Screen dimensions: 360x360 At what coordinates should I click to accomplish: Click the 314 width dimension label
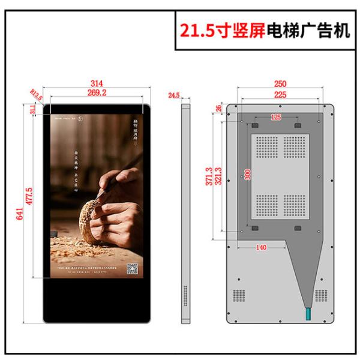(x=97, y=83)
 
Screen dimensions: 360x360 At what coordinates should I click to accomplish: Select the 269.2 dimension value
(x=97, y=93)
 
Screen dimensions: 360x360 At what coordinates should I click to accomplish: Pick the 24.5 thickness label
(x=174, y=95)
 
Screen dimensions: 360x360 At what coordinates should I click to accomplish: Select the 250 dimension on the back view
(x=280, y=83)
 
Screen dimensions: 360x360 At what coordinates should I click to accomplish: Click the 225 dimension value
(x=280, y=94)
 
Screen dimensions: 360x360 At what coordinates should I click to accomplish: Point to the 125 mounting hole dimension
(x=276, y=117)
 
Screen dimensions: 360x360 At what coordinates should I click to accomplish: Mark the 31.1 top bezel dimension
(x=32, y=110)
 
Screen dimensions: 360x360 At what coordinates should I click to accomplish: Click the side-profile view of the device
(x=185, y=213)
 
